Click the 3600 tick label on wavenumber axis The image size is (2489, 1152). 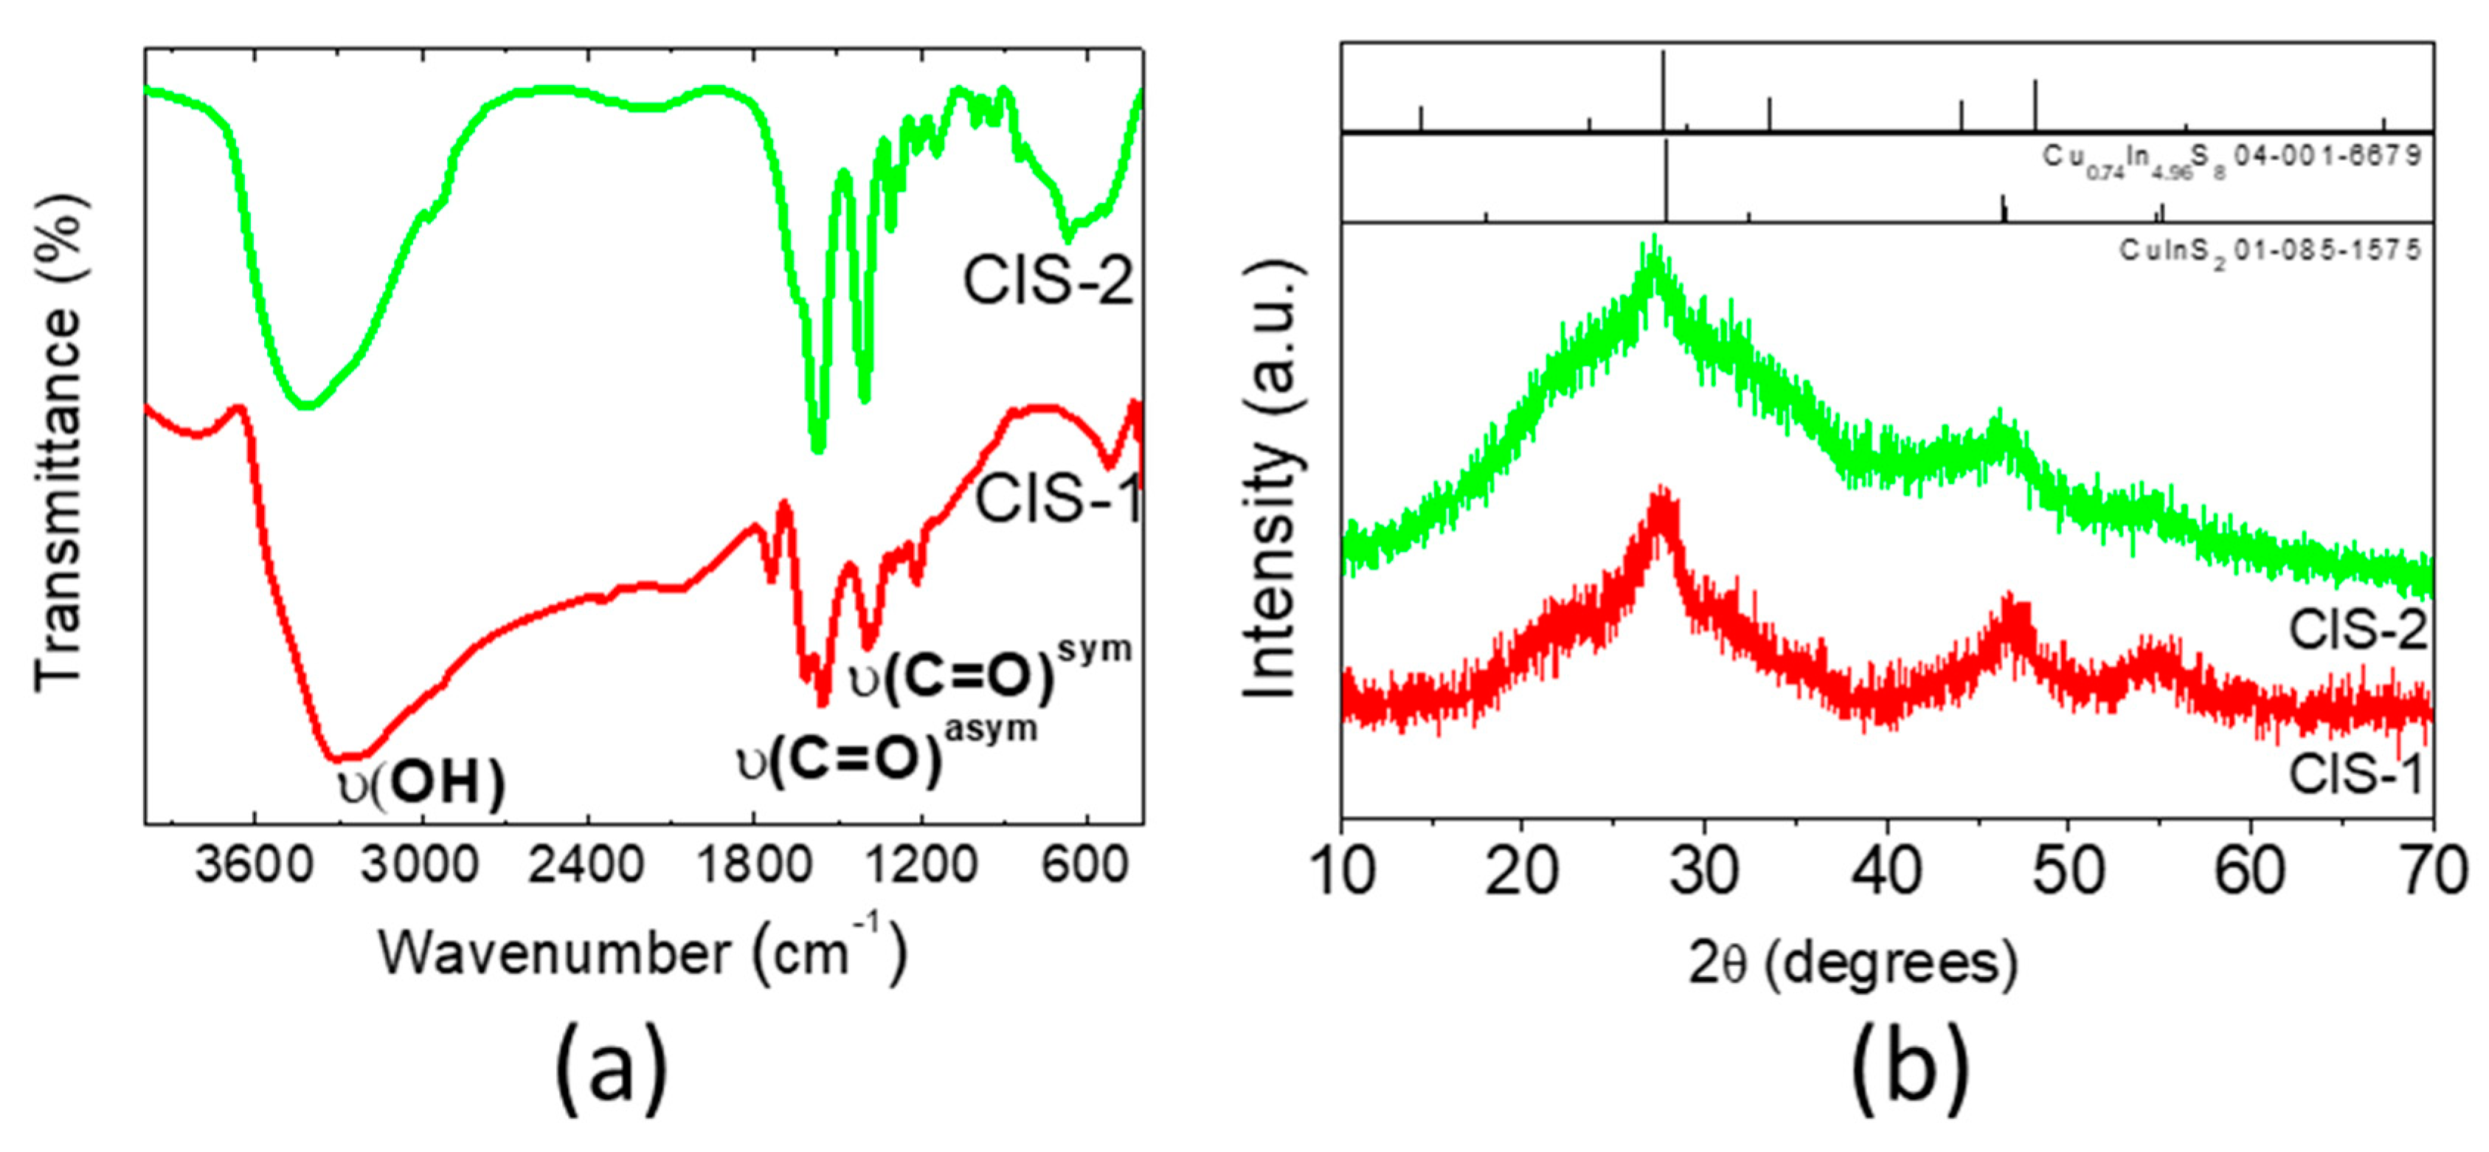coord(253,867)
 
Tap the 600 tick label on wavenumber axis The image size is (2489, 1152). coord(1088,867)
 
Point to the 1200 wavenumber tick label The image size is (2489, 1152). coord(920,867)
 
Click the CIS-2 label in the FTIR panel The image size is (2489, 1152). coord(1048,281)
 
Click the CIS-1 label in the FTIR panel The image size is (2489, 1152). coord(1057,500)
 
